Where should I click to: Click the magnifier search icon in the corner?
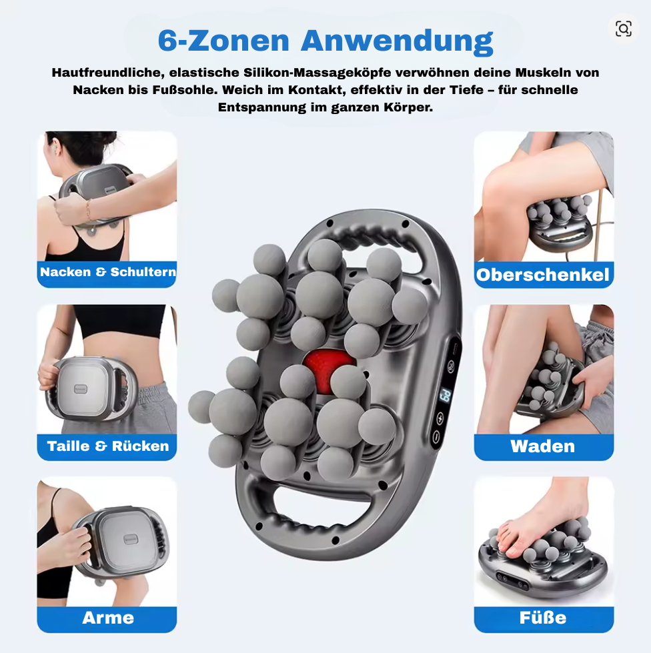tap(623, 29)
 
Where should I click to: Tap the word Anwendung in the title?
tap(397, 41)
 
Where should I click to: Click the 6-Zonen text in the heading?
tap(223, 41)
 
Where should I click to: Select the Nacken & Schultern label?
tap(108, 272)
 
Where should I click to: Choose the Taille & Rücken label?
tap(108, 446)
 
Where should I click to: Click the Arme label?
tap(108, 618)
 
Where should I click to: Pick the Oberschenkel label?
tap(543, 275)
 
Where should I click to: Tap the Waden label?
tap(543, 446)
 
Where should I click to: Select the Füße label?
tap(543, 617)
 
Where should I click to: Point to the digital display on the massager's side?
tap(446, 396)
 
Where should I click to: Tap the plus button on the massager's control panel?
tap(440, 418)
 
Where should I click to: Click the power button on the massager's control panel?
tap(436, 436)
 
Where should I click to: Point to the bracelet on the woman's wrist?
tap(88, 209)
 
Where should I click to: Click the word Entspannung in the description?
tap(262, 107)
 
